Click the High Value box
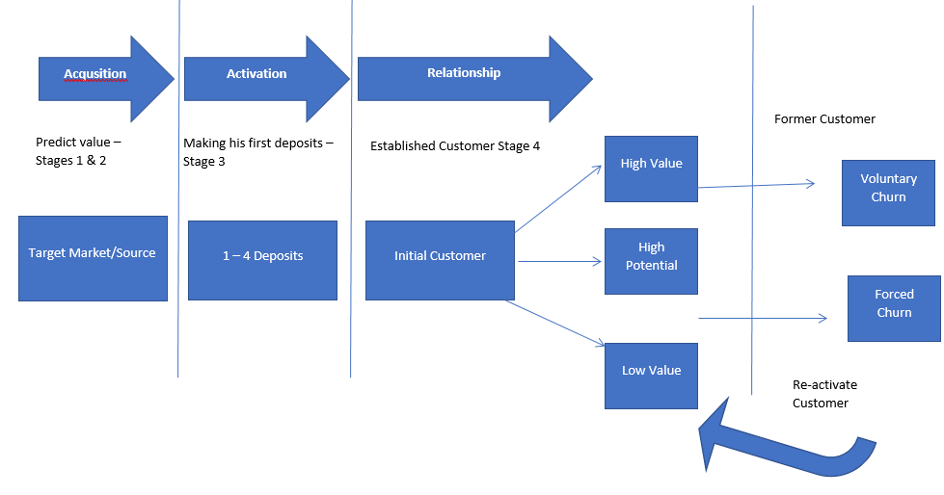click(651, 169)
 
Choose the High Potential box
click(651, 261)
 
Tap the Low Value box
click(651, 375)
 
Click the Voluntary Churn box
click(888, 193)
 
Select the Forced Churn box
click(894, 308)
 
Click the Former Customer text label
click(824, 119)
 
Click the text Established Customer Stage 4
click(462, 146)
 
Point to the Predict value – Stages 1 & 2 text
click(78, 151)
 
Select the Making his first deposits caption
click(257, 151)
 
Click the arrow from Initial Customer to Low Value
click(554, 323)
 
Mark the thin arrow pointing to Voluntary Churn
click(757, 185)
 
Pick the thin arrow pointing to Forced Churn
click(762, 317)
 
